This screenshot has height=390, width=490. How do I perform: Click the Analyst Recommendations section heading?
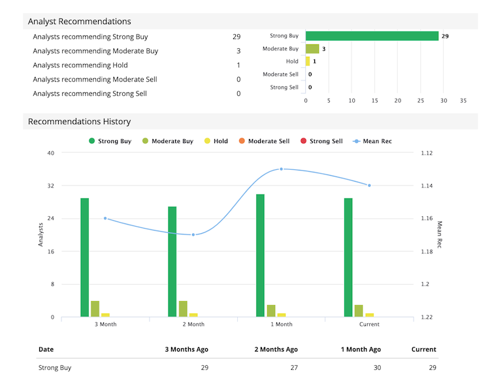point(79,22)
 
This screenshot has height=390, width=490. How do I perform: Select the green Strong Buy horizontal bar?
point(372,36)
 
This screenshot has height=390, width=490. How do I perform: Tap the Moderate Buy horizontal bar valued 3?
point(312,49)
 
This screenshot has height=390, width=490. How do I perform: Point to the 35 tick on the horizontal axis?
point(463,101)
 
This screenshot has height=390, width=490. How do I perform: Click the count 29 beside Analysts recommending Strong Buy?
point(236,37)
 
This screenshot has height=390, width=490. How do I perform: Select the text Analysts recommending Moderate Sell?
point(95,80)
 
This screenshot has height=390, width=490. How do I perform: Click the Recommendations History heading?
point(79,122)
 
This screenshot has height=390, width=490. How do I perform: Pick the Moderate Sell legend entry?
point(264,141)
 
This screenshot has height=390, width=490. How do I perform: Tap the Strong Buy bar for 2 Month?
point(172,262)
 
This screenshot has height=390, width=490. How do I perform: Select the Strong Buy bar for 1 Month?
point(260,255)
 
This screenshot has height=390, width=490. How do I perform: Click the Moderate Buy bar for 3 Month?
point(95,309)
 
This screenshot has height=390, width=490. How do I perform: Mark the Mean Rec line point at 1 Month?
point(282,169)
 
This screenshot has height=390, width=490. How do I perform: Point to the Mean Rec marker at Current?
point(369,186)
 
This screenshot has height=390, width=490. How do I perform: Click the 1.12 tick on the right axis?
point(427,153)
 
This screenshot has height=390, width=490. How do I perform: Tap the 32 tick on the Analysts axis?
point(50,186)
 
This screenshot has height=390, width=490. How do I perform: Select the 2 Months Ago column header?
point(276,349)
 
